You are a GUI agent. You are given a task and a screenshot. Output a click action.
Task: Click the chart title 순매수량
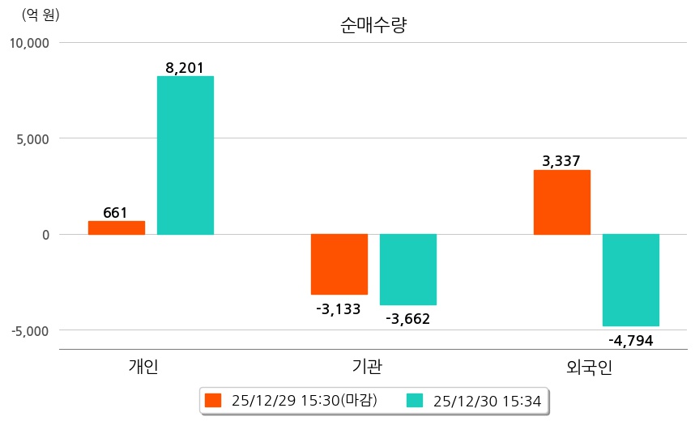point(373,25)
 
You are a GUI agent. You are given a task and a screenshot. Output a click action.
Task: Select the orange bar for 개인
point(117,228)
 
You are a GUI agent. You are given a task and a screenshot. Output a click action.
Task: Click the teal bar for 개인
point(185,155)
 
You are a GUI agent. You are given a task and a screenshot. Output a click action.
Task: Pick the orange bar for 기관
point(339,264)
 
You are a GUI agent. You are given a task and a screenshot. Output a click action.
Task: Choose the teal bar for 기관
point(408,270)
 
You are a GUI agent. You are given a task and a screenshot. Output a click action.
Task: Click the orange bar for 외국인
point(561,202)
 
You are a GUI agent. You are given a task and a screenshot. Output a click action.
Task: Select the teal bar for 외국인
point(630,280)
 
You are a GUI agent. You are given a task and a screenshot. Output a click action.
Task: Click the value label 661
point(116,213)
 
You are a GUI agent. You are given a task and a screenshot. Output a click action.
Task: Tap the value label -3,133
point(339,308)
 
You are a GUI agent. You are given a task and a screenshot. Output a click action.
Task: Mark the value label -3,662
point(407,318)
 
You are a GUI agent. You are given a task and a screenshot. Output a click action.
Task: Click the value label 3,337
point(561,161)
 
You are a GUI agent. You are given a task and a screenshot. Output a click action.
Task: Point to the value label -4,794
point(630,340)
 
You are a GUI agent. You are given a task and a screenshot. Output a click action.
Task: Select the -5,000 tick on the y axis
point(31,330)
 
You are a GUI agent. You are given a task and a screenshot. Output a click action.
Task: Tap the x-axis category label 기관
point(368,367)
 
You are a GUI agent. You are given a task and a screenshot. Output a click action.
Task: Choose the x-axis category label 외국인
point(590,367)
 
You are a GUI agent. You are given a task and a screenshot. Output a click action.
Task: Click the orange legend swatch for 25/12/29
point(213,400)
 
